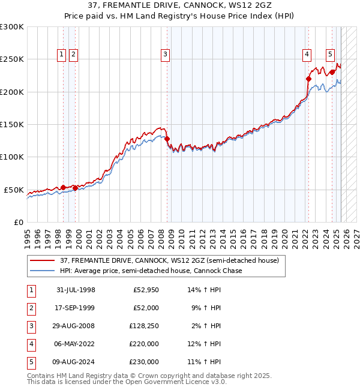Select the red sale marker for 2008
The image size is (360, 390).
pyautogui.click(x=167, y=139)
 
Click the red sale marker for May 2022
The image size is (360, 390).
pyautogui.click(x=308, y=79)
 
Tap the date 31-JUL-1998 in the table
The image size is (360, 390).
pyautogui.click(x=76, y=290)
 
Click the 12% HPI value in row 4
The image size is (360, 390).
pyautogui.click(x=204, y=344)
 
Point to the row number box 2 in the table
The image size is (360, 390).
pyautogui.click(x=31, y=308)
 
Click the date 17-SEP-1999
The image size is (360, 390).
pyautogui.click(x=76, y=308)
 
